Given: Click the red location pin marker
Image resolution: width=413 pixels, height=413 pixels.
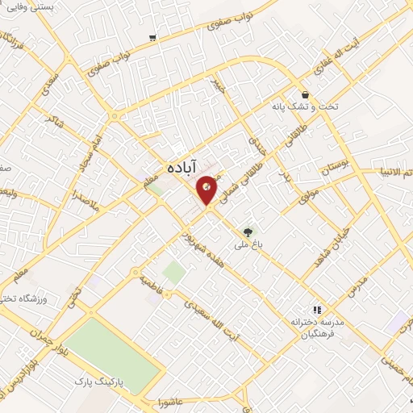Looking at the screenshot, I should click(207, 190).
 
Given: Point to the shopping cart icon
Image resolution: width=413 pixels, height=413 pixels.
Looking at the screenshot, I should click(152, 37).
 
